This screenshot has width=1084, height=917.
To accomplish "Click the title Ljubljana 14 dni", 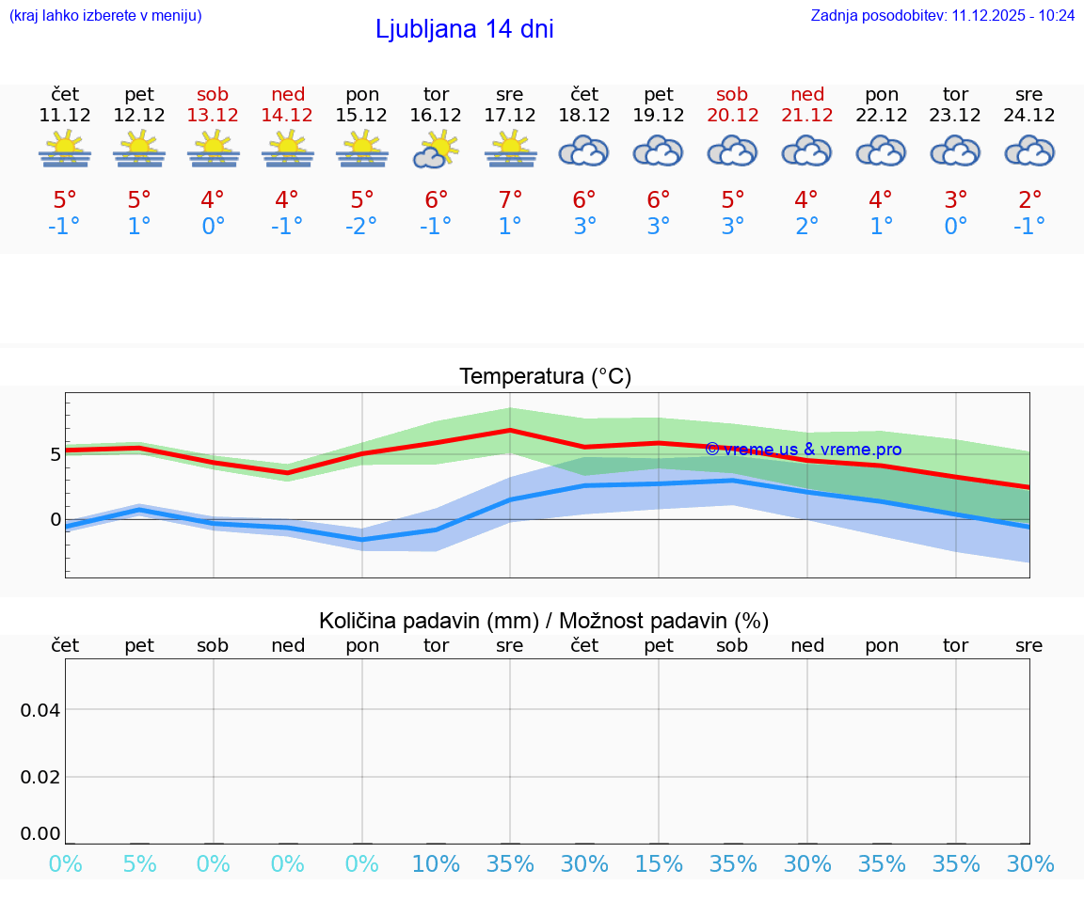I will click(464, 29).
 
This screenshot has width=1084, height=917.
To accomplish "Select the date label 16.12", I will click(436, 116).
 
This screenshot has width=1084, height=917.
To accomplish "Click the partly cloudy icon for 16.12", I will click(436, 150).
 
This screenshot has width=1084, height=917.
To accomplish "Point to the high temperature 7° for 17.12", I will click(510, 200).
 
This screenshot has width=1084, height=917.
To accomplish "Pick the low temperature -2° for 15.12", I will click(361, 227).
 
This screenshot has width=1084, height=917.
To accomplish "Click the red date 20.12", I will click(732, 116).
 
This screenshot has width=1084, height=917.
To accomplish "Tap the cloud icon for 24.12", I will click(1029, 150).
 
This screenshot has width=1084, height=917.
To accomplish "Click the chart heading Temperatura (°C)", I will click(545, 377).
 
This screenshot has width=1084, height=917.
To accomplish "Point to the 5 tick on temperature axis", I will click(56, 454).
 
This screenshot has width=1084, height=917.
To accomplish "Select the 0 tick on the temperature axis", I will click(56, 519).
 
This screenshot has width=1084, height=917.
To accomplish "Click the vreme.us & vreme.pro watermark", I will click(804, 450).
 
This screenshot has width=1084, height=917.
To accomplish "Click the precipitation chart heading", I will click(544, 621).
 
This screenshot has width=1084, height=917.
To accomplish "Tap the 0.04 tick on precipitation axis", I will click(40, 710).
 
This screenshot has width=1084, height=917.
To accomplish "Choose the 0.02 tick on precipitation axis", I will click(40, 777).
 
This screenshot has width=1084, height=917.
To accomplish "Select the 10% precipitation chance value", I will click(436, 864).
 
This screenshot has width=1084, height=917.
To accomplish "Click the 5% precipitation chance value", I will click(139, 864).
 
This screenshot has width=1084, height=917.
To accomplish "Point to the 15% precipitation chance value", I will click(659, 864).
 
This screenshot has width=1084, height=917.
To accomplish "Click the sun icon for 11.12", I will click(65, 150).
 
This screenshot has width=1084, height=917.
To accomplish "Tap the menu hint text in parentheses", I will click(105, 15).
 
